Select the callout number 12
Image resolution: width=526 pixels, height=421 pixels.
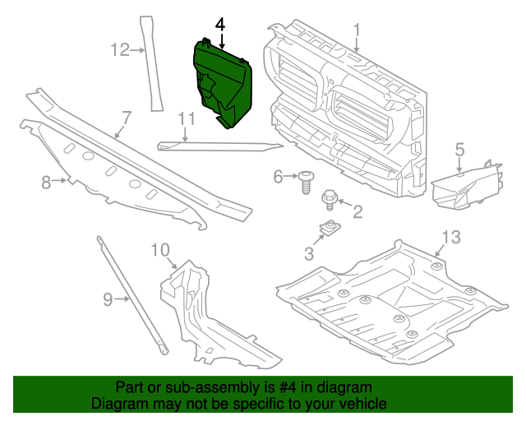pos(120,51)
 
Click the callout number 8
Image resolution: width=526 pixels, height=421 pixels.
pos(47,182)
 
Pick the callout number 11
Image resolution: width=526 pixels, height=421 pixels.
pos(187,118)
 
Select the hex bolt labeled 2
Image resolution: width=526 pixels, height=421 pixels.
pos(330,197)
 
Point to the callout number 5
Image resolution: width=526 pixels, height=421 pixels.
pos(459,149)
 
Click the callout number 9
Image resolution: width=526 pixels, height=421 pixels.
pos(108,299)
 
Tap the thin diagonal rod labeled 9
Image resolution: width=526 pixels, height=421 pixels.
pos(132,297)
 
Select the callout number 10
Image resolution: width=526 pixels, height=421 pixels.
pos(159,249)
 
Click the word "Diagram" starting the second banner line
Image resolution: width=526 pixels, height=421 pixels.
pos(116,405)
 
